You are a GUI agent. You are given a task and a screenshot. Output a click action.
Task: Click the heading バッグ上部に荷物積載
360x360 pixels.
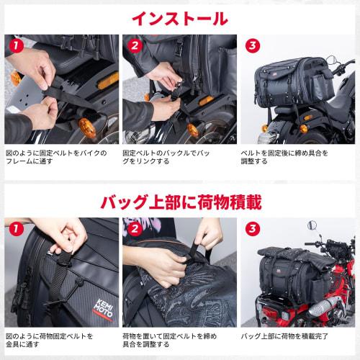180,199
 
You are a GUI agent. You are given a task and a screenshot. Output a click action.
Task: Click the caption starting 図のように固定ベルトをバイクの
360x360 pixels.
56,158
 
